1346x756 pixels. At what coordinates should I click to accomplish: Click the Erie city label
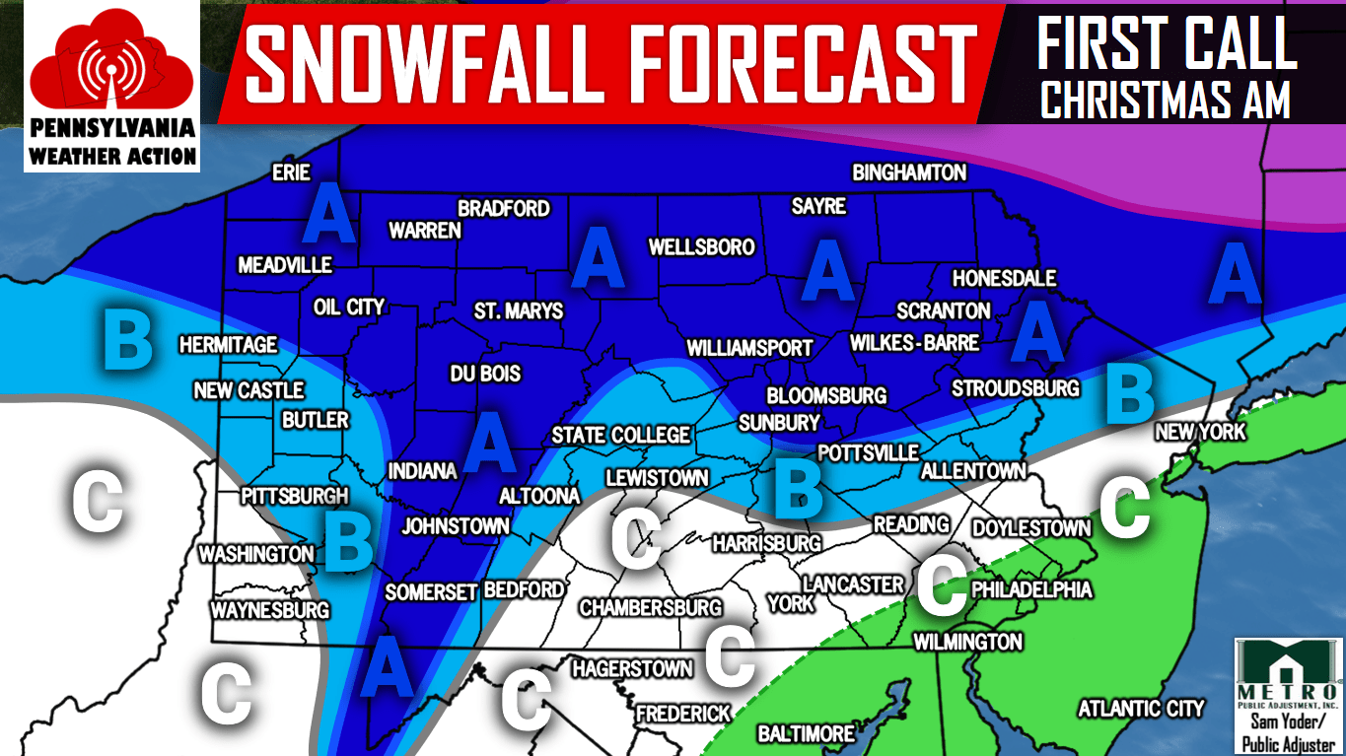point(291,173)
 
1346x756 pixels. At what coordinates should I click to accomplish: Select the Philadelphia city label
point(1031,589)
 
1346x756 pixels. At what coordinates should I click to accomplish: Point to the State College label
point(620,435)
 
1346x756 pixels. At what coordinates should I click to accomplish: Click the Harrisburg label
point(766,543)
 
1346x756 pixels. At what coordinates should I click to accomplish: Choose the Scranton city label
point(943,310)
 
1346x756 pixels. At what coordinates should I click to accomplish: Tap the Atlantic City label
point(1141,708)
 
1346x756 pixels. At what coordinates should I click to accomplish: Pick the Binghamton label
point(909,172)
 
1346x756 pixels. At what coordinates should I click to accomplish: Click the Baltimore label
point(806,733)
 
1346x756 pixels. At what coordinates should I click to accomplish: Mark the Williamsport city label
point(749,348)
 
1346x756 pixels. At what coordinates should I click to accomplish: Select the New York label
point(1200,432)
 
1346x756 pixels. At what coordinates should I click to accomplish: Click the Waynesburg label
point(269,610)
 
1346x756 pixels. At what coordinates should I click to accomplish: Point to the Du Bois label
point(485,375)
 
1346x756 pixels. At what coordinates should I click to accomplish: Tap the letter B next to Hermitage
point(128,340)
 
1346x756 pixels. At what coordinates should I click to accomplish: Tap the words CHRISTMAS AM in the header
point(1166,101)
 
